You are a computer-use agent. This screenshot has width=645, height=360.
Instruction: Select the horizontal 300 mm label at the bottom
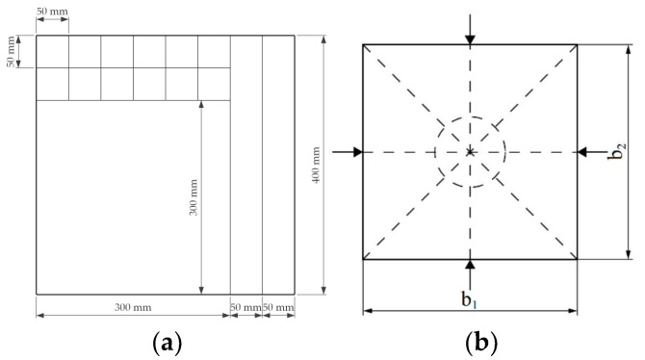[x=132, y=307]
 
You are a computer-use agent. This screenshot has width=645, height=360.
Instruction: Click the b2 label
[x=622, y=152]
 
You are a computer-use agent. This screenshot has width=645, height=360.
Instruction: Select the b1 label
[x=469, y=299]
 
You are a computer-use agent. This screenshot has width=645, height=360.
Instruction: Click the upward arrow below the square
[x=470, y=268]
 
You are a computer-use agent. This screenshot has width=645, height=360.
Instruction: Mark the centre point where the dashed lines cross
[x=470, y=152]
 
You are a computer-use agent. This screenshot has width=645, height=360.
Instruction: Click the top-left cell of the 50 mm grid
[x=53, y=52]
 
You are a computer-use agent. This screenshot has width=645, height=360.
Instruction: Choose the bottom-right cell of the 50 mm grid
[x=214, y=84]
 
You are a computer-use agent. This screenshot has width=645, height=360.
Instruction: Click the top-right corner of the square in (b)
[x=578, y=44]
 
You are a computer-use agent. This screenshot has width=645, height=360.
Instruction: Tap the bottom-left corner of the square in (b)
[x=363, y=260]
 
